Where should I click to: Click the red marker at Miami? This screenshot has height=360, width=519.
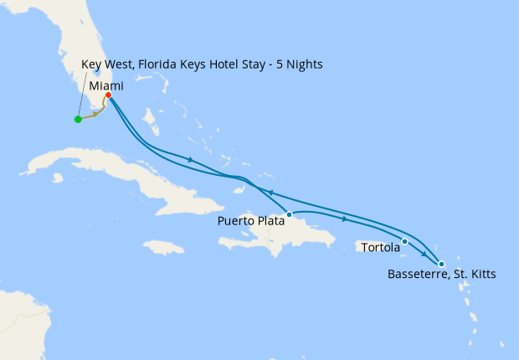109,95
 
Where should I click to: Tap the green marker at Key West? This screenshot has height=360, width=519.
78,119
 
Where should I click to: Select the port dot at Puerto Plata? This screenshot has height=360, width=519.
289,214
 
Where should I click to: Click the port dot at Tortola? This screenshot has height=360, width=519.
405,242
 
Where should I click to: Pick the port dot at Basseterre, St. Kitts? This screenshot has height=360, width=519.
441,265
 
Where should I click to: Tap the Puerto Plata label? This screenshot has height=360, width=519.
250,221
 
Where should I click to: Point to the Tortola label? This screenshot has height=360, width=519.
381,248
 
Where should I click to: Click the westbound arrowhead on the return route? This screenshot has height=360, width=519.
271,192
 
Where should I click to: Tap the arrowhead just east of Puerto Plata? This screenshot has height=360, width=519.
345,219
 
